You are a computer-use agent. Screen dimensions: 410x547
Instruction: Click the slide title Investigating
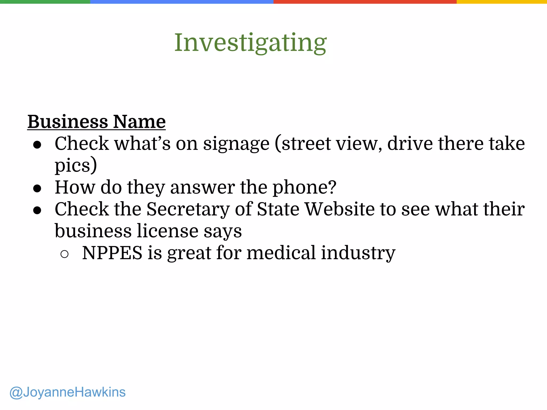click(250, 43)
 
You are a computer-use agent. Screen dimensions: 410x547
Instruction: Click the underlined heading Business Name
click(96, 122)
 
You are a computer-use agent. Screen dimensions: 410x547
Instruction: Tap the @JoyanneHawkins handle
click(67, 392)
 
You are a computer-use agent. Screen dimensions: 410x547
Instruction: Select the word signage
click(236, 144)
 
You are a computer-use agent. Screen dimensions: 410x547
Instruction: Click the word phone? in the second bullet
click(304, 187)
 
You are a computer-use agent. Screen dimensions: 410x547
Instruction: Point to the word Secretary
click(188, 209)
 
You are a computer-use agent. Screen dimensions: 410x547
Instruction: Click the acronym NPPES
click(112, 253)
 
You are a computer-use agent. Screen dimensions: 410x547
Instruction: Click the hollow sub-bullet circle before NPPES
click(64, 254)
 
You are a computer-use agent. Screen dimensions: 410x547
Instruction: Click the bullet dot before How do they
click(37, 188)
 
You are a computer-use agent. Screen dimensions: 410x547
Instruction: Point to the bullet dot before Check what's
click(37, 145)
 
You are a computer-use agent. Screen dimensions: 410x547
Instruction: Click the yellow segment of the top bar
click(502, 2)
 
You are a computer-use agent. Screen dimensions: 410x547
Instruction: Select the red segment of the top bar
click(365, 2)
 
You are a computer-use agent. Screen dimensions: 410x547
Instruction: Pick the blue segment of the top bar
click(182, 2)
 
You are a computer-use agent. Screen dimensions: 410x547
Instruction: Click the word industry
click(358, 253)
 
